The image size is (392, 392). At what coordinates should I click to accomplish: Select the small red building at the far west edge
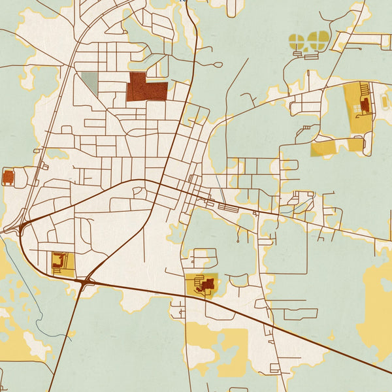pos(8,176)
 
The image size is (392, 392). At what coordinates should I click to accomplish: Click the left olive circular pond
pos(297,41)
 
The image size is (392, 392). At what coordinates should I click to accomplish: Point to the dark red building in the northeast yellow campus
pos(365,104)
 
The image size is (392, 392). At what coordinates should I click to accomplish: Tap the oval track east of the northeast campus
pos(385,101)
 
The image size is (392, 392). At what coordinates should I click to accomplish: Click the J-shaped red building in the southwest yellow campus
pos(61,262)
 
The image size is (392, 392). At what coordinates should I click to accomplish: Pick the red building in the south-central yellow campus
pos(208,285)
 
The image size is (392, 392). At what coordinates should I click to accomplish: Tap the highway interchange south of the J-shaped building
pos(86,282)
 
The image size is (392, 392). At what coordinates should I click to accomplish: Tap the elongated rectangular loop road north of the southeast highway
pos(301,314)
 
